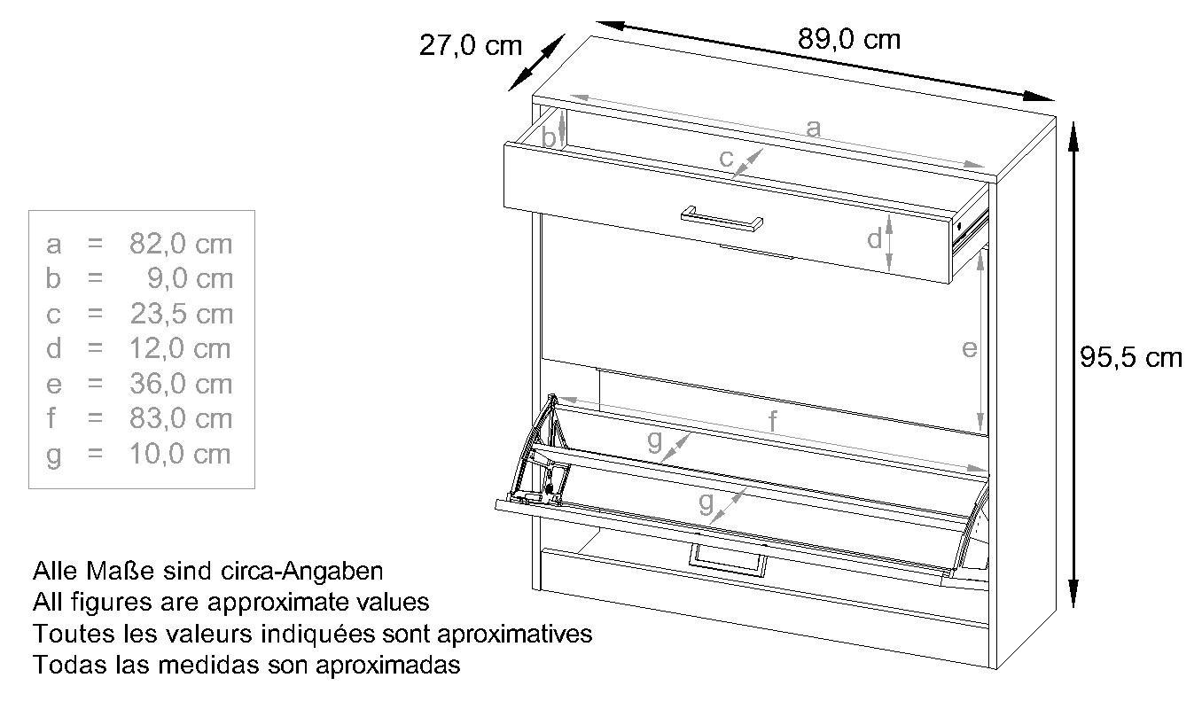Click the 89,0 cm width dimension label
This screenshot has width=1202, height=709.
click(x=848, y=40)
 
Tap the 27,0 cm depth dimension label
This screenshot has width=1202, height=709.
click(x=471, y=45)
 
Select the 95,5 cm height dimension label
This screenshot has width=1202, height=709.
click(x=1131, y=357)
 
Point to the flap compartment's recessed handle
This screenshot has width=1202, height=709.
click(x=727, y=561)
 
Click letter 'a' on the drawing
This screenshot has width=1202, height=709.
click(x=813, y=129)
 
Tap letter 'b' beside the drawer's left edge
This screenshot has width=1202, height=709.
click(x=549, y=138)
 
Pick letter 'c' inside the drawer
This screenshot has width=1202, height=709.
click(x=726, y=160)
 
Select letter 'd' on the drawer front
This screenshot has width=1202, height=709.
click(x=874, y=238)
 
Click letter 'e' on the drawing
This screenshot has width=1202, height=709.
click(x=970, y=349)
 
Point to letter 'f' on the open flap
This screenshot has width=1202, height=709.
click(x=772, y=422)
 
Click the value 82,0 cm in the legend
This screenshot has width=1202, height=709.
click(x=181, y=244)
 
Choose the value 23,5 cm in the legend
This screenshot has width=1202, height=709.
click(x=181, y=314)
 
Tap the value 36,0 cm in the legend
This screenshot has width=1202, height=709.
click(x=181, y=384)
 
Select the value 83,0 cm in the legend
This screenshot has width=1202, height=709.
click(x=181, y=418)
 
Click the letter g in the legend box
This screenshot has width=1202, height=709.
click(x=54, y=456)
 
